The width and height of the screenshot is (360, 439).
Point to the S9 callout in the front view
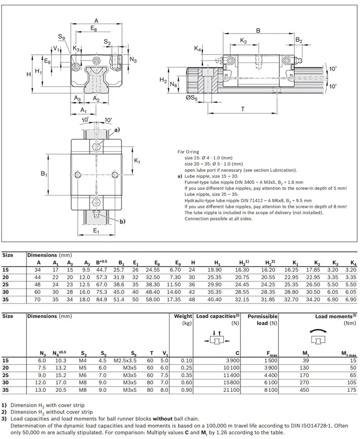coord(61,37)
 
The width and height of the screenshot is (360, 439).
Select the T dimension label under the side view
coord(242,109)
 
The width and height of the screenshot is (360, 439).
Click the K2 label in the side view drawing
coord(243,42)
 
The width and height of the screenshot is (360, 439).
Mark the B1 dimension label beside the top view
coord(44,173)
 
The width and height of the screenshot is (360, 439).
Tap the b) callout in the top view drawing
coord(122,221)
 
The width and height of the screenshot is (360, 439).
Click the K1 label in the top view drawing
coord(137,161)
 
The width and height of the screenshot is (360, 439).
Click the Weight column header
coord(182,317)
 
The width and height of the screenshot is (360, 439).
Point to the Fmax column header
coord(272,354)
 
